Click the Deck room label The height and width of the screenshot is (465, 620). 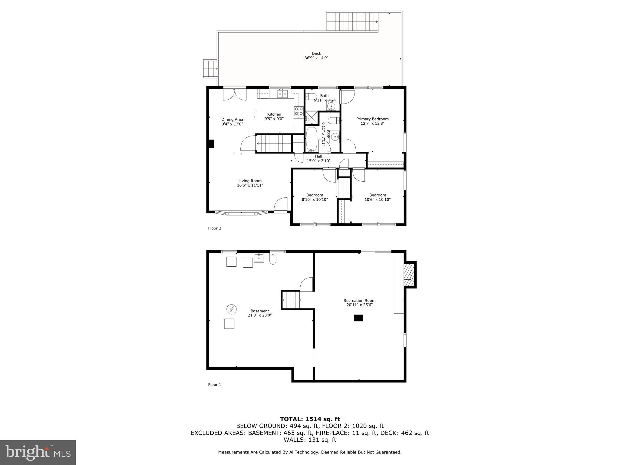pos(316,53)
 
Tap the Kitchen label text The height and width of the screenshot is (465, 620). pos(274,114)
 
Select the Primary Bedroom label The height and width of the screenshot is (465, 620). pos(372,119)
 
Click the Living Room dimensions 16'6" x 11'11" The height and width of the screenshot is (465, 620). pos(250,185)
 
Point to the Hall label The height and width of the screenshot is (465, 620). pos(318,156)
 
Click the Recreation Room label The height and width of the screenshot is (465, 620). pos(359,301)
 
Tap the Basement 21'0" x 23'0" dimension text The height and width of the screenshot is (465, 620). pos(259,315)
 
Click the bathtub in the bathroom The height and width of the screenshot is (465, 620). pos(312,139)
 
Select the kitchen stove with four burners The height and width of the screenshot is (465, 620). pos(299,111)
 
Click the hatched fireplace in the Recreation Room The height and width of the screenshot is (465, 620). pos(409,275)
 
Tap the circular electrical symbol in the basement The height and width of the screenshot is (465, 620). pos(232,309)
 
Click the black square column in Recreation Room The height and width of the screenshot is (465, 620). pos(358,318)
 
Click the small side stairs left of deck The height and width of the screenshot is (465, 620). pos(211,69)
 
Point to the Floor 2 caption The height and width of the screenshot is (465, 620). pos(215,228)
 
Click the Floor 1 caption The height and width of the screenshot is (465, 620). pos(215,385)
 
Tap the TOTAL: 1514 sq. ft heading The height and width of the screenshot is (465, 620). pos(310,419)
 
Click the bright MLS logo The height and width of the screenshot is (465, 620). pos(38,452)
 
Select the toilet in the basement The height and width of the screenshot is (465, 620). pos(273,259)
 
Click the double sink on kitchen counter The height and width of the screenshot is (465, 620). pos(283,94)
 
